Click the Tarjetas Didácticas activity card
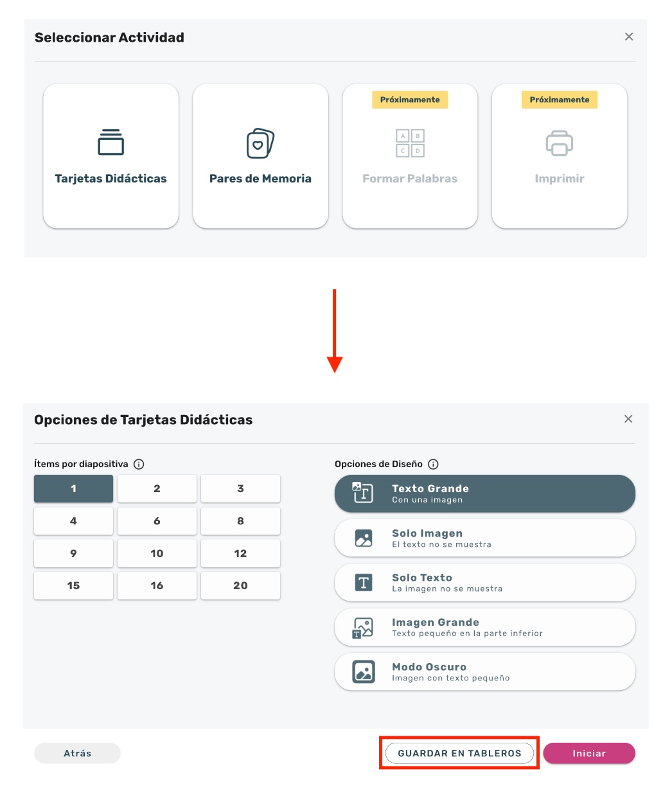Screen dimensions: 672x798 tap(111, 156)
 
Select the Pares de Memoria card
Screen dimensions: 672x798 tap(260, 156)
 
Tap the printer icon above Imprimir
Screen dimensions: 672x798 tap(559, 143)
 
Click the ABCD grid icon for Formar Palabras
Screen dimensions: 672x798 tap(410, 143)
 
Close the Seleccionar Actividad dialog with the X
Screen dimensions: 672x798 tap(629, 37)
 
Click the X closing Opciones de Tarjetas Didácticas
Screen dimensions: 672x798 tap(628, 419)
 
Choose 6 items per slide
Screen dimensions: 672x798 tap(157, 521)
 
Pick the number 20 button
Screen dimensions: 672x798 tap(240, 585)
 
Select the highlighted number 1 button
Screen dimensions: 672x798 tap(73, 488)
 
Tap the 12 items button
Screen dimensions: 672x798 tap(240, 553)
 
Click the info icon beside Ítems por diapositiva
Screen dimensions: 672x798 tap(139, 464)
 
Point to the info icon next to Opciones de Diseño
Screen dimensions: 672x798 tap(433, 464)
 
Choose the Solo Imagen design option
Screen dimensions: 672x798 tap(484, 538)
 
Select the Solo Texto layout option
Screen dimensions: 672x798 tap(484, 583)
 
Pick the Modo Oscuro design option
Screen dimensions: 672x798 tap(484, 672)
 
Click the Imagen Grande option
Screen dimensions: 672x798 tap(484, 627)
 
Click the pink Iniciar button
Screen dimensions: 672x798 tap(589, 753)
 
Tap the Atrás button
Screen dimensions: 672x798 tap(77, 753)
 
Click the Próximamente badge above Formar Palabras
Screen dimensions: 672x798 tap(410, 100)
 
